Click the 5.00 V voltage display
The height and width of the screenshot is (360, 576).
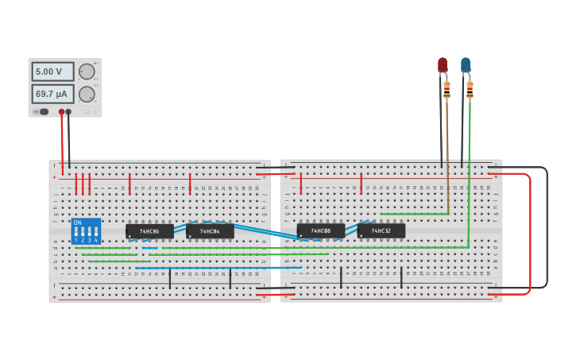tap(52, 72)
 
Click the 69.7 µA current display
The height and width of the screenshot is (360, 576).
tap(52, 94)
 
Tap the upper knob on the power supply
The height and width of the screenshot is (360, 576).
tap(87, 72)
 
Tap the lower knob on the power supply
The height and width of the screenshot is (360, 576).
tap(87, 95)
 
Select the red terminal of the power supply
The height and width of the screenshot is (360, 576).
tap(61, 112)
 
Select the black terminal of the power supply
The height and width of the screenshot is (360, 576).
tap(68, 112)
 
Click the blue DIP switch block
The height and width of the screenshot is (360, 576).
tap(86, 231)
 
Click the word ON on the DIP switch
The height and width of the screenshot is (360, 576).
tap(77, 223)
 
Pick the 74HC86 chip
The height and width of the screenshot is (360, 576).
tap(149, 231)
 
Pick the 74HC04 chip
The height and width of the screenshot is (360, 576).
tap(210, 231)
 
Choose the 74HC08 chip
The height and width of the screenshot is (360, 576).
tap(321, 230)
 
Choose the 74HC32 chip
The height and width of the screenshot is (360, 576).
tap(381, 230)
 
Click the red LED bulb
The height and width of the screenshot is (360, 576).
tap(443, 65)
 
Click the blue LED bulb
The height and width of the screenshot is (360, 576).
tap(466, 65)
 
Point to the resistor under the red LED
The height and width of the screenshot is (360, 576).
tap(446, 90)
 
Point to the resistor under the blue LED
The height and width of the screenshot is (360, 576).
tap(470, 90)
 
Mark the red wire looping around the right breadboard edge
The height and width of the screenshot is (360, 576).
tap(530, 238)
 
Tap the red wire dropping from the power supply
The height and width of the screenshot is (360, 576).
tap(62, 147)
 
